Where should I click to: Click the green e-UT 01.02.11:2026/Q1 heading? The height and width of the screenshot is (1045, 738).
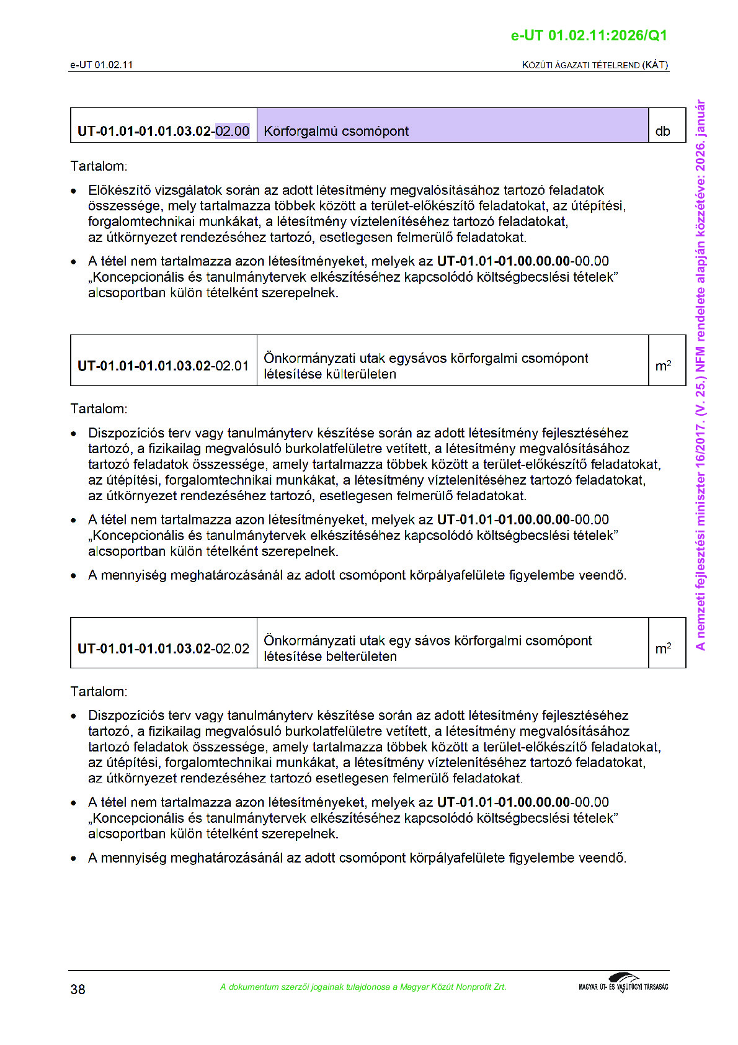click(x=589, y=35)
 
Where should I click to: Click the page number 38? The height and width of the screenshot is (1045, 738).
click(x=78, y=989)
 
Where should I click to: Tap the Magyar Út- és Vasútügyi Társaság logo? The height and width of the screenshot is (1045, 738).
click(x=623, y=984)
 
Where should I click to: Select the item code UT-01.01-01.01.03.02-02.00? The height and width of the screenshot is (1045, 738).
click(x=163, y=131)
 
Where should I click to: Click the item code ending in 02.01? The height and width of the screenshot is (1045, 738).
click(x=163, y=366)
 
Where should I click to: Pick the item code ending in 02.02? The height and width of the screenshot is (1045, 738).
click(x=163, y=648)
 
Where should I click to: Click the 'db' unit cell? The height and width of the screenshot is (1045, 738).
click(x=662, y=132)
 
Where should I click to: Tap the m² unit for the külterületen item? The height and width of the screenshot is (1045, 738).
click(x=663, y=366)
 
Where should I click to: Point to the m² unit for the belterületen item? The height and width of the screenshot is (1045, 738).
click(x=663, y=648)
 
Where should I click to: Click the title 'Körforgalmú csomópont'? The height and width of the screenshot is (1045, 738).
click(x=336, y=132)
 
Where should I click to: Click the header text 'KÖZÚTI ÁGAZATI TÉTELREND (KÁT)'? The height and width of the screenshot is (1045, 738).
click(x=595, y=65)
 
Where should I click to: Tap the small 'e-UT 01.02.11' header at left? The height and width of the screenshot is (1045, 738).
click(x=101, y=65)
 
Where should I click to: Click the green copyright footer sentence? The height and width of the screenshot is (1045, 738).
click(x=363, y=987)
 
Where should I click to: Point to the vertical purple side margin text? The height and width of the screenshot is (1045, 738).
click(x=701, y=375)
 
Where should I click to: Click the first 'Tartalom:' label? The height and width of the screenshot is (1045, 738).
click(x=99, y=166)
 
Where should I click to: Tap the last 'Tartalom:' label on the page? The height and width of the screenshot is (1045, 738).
click(x=99, y=691)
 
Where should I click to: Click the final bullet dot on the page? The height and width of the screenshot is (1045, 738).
click(x=74, y=859)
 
